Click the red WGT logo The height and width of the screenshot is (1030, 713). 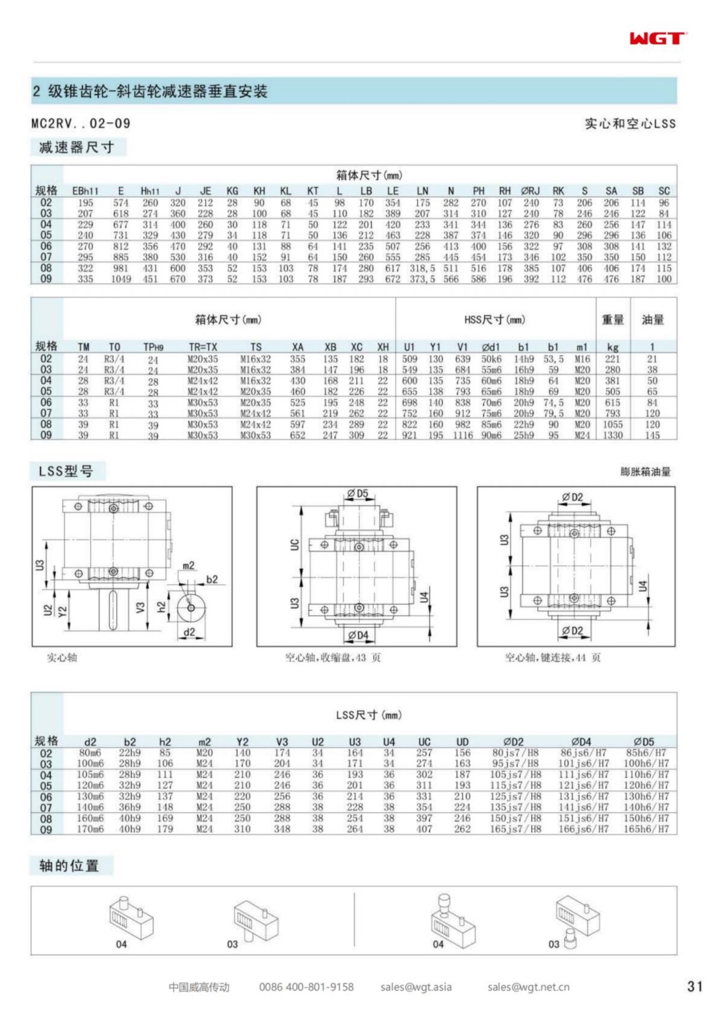pos(657,38)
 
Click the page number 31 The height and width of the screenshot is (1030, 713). pos(694,987)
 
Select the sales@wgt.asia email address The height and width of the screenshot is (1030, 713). pos(416,987)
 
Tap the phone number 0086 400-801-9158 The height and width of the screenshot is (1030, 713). pos(306,987)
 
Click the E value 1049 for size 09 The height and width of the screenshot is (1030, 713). pos(121,279)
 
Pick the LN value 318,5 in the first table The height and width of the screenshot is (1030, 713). pos(422,268)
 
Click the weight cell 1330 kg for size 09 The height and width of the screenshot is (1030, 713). pos(613,436)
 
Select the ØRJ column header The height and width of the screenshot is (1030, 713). pos(531,191)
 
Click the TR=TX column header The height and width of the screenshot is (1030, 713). pos(203,347)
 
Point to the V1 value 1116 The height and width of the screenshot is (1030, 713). pos(462,436)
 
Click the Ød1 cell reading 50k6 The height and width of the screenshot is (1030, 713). pos(491,359)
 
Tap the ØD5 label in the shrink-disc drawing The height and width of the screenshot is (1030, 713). pos(357,494)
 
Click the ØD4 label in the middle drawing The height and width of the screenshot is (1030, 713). pos(358,636)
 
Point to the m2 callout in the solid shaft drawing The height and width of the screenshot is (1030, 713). pos(188,566)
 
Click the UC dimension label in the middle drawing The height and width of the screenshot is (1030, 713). pos(294,544)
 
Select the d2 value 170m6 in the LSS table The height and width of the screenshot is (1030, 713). pos(90,829)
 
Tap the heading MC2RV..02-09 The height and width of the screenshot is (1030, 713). pos(81,124)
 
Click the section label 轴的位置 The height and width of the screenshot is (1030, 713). pos(69,866)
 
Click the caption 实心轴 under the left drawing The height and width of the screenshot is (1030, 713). pos(62,658)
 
